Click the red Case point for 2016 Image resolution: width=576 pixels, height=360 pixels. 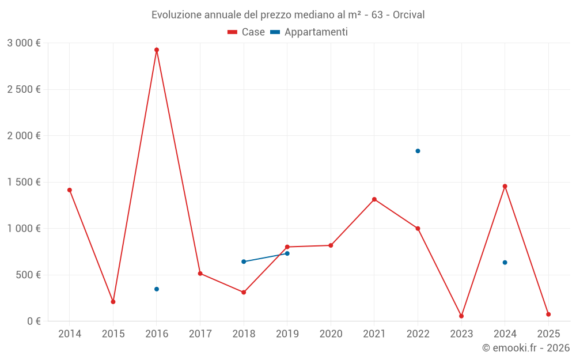(157, 50)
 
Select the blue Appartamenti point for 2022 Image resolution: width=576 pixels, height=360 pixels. (418, 151)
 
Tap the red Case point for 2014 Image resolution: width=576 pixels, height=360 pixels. (70, 190)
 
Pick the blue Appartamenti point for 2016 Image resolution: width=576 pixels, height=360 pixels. (157, 289)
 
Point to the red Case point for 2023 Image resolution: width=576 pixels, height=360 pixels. (461, 316)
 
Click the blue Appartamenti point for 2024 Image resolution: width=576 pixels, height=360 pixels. (505, 263)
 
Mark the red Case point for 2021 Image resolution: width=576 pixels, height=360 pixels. (374, 199)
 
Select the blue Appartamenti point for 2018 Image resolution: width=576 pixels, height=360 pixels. (244, 262)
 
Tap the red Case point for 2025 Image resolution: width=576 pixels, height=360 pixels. (548, 314)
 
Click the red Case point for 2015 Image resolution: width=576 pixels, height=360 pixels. (113, 302)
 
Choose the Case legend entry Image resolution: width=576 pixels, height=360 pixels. (247, 32)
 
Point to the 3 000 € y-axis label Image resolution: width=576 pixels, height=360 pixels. (24, 43)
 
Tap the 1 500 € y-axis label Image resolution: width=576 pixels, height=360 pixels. (24, 182)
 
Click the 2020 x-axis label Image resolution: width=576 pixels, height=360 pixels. (331, 334)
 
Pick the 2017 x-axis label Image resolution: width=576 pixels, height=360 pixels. (200, 334)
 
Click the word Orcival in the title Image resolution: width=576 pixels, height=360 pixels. (408, 15)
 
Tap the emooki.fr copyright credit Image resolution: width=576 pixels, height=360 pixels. (525, 348)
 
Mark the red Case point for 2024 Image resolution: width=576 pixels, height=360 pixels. (505, 186)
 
